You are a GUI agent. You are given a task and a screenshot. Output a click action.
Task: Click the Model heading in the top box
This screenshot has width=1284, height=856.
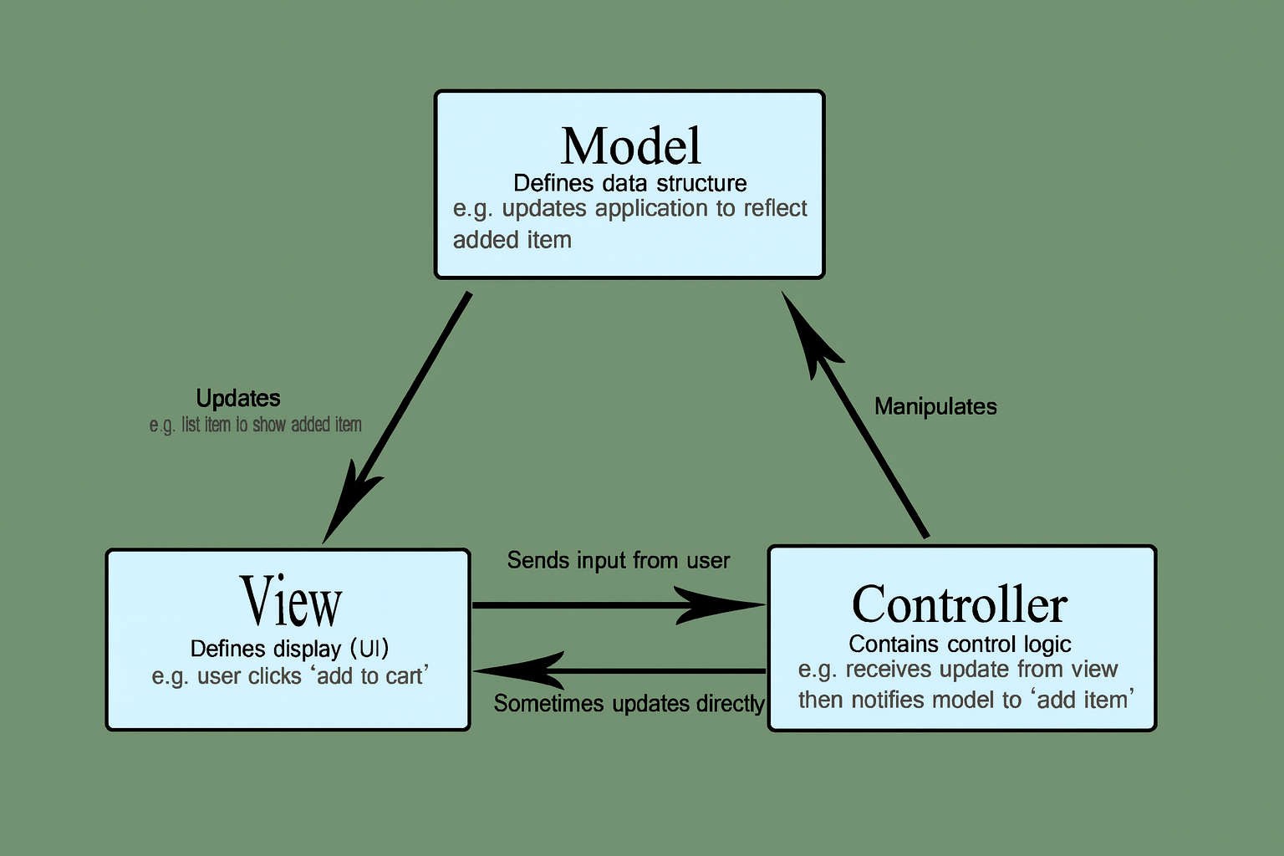(630, 146)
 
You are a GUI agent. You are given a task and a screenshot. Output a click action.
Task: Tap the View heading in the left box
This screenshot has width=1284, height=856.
(291, 602)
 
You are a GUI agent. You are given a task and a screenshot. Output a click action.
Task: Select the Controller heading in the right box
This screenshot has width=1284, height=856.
(960, 604)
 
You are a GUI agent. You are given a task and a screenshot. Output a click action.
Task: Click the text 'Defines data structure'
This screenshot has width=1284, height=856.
(630, 183)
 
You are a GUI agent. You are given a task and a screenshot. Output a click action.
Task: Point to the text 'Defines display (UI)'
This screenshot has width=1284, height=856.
(289, 649)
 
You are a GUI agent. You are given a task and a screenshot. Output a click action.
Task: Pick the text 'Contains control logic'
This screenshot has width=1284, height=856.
(960, 644)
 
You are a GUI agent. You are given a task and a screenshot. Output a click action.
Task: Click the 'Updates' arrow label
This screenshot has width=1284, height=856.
(238, 398)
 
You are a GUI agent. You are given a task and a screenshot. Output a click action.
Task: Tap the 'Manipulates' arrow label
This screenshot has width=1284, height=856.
(935, 407)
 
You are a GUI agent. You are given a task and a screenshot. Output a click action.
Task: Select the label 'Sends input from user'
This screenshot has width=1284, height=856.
(619, 560)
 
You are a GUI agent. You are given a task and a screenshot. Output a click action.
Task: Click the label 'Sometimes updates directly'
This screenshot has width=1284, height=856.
(629, 704)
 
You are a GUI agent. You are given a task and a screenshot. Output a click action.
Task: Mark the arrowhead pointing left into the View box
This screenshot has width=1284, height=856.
(514, 670)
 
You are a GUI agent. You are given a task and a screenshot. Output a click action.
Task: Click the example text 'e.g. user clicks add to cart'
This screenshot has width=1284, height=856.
(290, 675)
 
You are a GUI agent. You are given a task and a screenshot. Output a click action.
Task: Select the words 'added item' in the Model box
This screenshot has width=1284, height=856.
(512, 240)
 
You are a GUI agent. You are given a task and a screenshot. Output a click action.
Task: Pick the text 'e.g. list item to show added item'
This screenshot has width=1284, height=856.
(255, 425)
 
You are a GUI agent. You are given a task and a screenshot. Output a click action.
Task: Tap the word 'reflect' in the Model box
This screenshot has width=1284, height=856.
(775, 208)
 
